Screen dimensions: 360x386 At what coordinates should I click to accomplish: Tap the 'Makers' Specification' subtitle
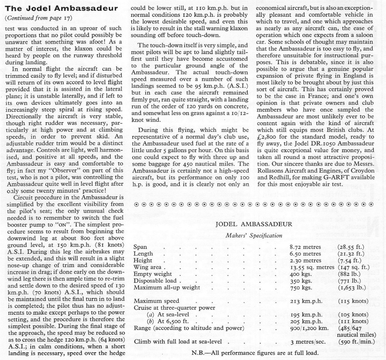[x=254, y=235]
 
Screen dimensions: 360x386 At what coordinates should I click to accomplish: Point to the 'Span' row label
[x=140, y=247]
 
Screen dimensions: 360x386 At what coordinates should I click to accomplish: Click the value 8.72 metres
[x=305, y=247]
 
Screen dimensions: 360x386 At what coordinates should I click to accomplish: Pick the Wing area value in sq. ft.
[x=358, y=267]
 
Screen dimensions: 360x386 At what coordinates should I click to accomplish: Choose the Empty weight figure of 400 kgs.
[x=301, y=274]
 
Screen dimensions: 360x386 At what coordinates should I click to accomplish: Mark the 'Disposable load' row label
[x=155, y=281]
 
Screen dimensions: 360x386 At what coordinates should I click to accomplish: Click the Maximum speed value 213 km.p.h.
[x=306, y=301]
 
